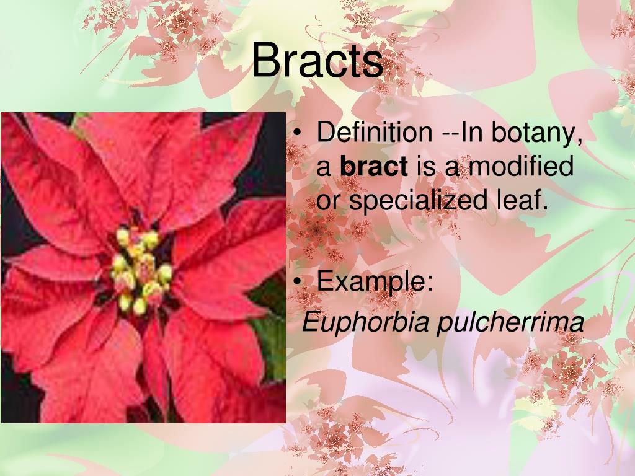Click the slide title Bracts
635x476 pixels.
pos(317,61)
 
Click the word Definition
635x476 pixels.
pos(375,132)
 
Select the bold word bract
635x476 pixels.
pos(375,167)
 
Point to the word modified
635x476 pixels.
pos(521,167)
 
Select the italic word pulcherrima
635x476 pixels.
pos(510,322)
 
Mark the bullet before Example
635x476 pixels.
pos(300,283)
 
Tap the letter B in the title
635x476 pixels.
pos(266,61)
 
